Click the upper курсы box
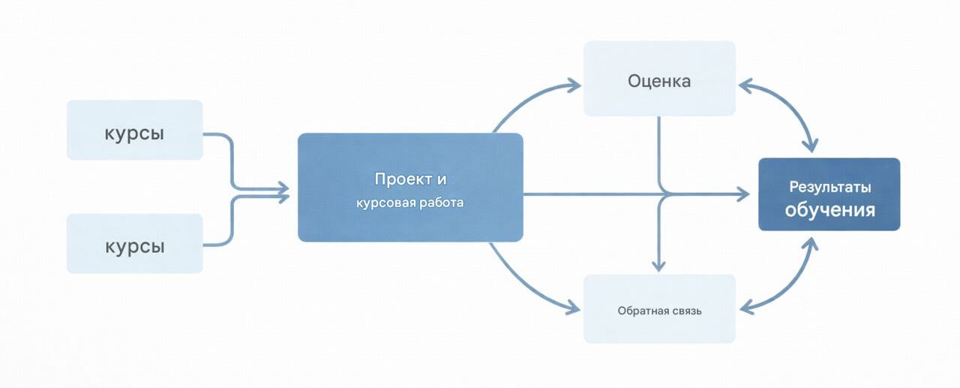(134, 130)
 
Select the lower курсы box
(134, 243)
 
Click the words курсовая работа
(409, 203)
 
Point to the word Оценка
(659, 80)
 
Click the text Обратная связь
(659, 311)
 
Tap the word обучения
(829, 209)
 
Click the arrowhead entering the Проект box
(283, 193)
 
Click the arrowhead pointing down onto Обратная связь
(658, 265)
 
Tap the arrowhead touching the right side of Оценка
(745, 86)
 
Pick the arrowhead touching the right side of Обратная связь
(746, 306)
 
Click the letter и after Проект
(442, 179)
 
